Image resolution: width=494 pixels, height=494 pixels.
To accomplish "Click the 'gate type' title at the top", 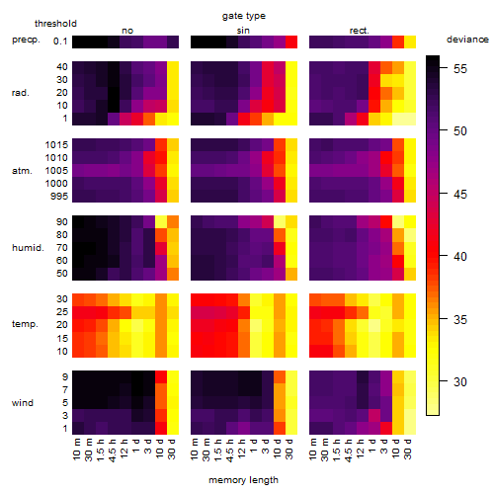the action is (244, 16).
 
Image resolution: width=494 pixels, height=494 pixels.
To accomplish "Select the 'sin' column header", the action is (243, 31).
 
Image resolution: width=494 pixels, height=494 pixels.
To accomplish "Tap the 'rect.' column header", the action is (359, 31).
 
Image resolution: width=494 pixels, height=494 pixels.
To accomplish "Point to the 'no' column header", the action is (127, 31).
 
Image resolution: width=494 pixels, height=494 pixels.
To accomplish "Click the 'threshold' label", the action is (55, 24).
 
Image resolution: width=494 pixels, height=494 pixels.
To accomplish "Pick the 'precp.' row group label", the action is (26, 40).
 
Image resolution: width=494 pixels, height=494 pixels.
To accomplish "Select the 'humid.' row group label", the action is (28, 247).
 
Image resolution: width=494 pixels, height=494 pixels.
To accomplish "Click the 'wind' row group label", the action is (23, 402).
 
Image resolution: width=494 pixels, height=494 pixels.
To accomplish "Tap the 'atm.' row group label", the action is (22, 171).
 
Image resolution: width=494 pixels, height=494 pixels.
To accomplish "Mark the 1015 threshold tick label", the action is (56, 145).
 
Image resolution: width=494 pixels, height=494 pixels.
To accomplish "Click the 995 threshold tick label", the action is (59, 197).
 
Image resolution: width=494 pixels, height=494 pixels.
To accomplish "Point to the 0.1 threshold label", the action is (60, 41).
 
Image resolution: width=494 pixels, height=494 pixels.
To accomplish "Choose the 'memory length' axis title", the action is (243, 480).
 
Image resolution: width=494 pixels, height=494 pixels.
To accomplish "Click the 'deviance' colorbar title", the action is (467, 40).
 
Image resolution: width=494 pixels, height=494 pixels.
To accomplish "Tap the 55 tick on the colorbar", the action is (460, 69).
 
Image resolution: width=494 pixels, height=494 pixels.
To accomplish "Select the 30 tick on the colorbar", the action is (460, 382).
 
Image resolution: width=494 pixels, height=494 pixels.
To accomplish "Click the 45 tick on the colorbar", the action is (460, 194).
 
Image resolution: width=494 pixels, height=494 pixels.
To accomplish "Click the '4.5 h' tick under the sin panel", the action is (229, 450).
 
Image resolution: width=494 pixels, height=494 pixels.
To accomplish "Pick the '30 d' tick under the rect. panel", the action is (407, 450).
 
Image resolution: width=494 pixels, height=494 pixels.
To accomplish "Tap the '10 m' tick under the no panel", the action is (76, 450).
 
